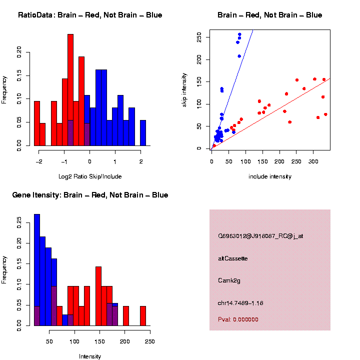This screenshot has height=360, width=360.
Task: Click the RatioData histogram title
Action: (90, 15)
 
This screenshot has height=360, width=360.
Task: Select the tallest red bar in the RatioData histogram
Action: (70, 90)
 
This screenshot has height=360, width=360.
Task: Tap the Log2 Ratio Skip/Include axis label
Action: (90, 176)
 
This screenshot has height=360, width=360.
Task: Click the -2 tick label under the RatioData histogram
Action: (38, 161)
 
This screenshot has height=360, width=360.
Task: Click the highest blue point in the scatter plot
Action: (239, 34)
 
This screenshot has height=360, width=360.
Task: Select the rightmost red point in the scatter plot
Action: (325, 114)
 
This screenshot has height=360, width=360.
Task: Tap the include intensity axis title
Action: (270, 176)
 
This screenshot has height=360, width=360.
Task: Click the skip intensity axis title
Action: (184, 89)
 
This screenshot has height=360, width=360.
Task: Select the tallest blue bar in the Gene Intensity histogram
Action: (37, 270)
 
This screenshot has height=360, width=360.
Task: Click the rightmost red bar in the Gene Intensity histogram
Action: (143, 316)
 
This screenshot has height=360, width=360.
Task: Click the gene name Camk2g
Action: (229, 280)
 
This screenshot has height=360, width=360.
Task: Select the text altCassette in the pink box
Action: (233, 258)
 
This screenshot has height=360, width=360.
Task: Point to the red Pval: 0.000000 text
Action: (238, 319)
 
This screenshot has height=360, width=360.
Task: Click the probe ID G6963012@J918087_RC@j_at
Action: (260, 236)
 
